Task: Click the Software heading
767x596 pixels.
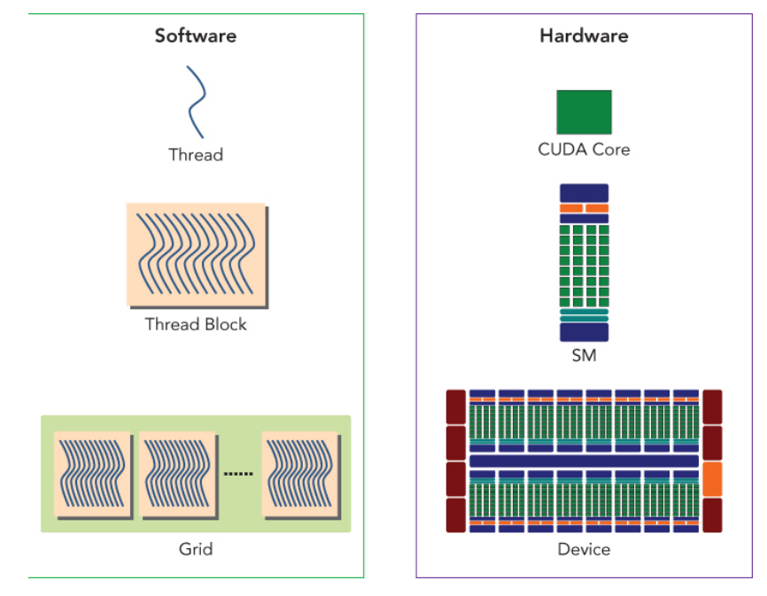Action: pos(196,36)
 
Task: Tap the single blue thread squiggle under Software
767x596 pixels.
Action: pos(196,101)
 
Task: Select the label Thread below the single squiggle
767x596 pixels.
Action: pos(196,155)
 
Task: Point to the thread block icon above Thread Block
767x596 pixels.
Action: pos(196,255)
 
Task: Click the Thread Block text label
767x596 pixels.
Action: pos(196,324)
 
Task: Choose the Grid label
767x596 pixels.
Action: pos(196,549)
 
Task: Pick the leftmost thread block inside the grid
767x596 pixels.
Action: pos(92,475)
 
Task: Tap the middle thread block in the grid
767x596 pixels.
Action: pos(177,475)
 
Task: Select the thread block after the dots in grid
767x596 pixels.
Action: pos(300,475)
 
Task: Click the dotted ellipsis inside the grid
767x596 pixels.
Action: pos(238,474)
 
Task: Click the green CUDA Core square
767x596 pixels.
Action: pos(584,112)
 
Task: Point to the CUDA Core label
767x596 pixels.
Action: pos(584,150)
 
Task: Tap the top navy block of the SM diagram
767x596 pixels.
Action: pos(584,192)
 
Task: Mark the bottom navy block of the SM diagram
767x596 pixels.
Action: pos(584,332)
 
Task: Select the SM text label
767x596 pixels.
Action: pos(584,356)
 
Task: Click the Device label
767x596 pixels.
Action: pos(584,549)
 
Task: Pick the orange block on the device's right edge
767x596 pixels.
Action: pos(712,479)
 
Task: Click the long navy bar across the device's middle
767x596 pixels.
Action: pos(584,461)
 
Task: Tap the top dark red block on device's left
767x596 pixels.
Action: pos(456,406)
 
